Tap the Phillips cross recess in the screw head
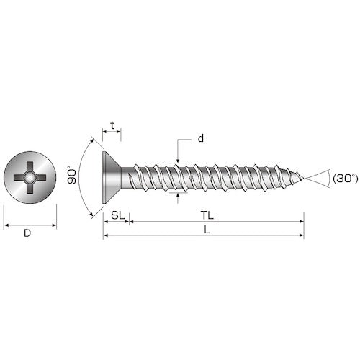(30, 177)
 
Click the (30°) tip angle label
(342, 177)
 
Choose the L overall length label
(207, 229)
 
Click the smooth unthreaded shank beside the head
(127, 177)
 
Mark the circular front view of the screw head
(30, 177)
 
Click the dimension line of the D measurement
(30, 225)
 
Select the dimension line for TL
(216, 222)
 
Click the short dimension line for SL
(116, 222)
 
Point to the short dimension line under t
(112, 132)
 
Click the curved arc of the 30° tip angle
(328, 177)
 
